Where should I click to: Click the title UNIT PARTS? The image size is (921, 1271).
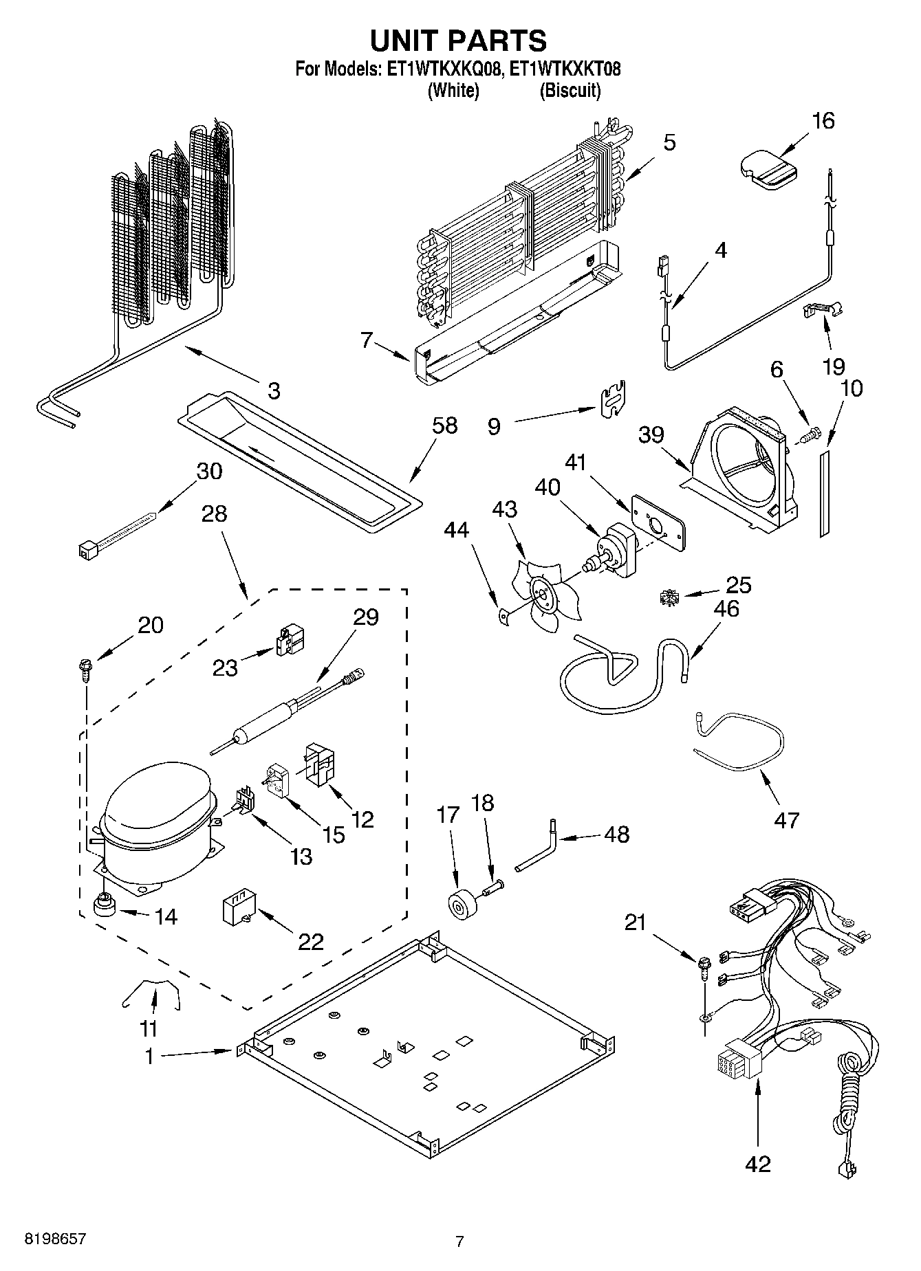point(459,41)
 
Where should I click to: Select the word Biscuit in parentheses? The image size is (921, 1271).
point(570,90)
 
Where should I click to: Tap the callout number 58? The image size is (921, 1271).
point(445,425)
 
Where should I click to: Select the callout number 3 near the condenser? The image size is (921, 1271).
point(274,391)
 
